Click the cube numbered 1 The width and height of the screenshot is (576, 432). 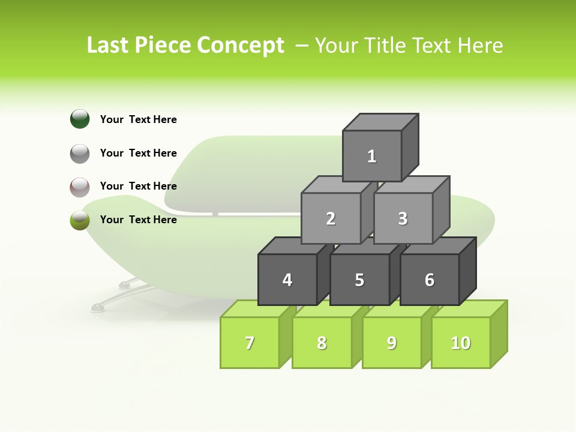click(x=372, y=156)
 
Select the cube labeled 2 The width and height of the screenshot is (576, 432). click(x=331, y=218)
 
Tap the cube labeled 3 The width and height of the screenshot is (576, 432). click(x=403, y=218)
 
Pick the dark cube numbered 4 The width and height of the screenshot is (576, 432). click(x=287, y=280)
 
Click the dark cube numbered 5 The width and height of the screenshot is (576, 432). click(x=359, y=280)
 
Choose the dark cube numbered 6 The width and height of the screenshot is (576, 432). click(x=430, y=280)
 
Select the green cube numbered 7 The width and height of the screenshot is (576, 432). click(x=250, y=343)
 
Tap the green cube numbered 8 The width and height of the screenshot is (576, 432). click(x=322, y=343)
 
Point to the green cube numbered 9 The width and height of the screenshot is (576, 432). click(x=392, y=343)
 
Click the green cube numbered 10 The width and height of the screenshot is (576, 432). click(x=461, y=343)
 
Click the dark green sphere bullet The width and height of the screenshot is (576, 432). click(x=80, y=119)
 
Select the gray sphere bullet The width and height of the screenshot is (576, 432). click(x=80, y=153)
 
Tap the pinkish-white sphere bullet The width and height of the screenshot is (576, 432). click(x=80, y=187)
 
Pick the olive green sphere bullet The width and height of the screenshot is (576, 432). click(x=80, y=220)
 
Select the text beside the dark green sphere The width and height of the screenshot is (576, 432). click(x=139, y=119)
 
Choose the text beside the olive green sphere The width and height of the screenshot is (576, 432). click(x=139, y=220)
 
